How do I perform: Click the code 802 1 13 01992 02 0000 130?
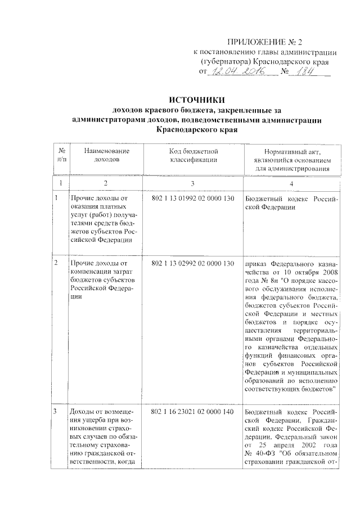[192, 198]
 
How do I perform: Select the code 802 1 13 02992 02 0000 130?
[192, 263]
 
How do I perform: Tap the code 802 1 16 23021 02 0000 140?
[192, 413]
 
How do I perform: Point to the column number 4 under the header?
[291, 183]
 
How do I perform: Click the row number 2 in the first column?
[55, 263]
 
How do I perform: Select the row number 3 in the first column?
[55, 413]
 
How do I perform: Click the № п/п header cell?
[61, 156]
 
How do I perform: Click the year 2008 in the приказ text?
[326, 271]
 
